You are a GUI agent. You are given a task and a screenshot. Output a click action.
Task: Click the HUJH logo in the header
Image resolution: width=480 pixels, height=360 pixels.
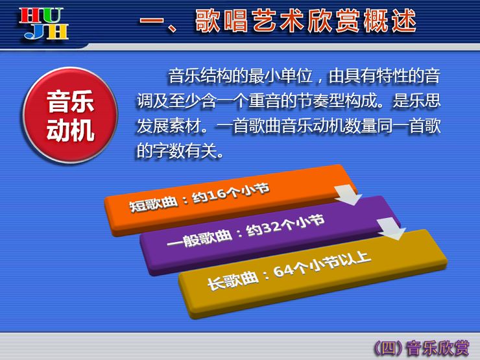pos(43,23)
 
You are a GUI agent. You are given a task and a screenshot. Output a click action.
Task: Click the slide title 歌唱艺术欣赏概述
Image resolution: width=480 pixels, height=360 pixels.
pos(306,21)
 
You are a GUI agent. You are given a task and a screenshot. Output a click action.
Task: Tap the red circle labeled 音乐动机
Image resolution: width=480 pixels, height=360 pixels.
pos(70,115)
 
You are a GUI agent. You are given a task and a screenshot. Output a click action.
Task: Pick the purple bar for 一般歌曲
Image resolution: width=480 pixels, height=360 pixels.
pos(269,234)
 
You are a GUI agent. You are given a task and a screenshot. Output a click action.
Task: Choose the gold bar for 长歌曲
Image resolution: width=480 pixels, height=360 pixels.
pos(312,272)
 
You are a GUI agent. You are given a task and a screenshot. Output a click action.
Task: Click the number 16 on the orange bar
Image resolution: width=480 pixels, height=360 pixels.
pos(213,195)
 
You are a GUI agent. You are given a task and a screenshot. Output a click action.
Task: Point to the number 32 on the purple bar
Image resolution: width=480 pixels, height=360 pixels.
pos(269,228)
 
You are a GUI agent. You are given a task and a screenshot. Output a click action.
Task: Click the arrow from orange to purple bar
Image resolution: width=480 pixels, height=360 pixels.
pos(348,195)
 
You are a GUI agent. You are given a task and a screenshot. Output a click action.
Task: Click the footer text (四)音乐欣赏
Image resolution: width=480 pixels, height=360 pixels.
pos(422,348)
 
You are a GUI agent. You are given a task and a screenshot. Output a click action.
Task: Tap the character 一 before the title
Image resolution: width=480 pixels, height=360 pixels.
pos(152,21)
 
